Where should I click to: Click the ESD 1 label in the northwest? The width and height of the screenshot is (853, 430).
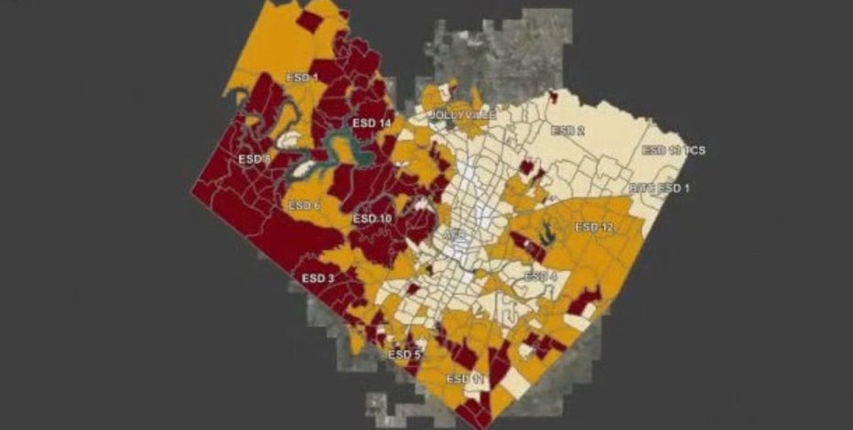(303, 79)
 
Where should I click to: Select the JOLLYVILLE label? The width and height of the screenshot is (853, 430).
(462, 115)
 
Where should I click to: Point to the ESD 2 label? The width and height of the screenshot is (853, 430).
(567, 131)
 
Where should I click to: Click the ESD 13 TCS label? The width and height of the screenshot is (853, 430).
(674, 150)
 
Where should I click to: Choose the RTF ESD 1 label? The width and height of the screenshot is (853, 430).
(661, 188)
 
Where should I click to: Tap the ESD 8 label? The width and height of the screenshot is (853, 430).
(254, 158)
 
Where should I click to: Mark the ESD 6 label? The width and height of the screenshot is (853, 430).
(304, 206)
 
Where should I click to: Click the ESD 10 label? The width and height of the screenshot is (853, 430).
(372, 219)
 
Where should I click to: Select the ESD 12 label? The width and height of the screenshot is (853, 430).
(595, 226)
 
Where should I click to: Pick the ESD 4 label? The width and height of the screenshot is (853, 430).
(540, 276)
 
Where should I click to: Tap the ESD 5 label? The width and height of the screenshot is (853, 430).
(405, 354)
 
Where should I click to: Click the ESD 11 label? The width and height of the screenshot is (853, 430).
(464, 378)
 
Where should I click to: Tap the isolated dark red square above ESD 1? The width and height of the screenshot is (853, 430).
(310, 20)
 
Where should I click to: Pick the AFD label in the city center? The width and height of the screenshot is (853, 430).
(454, 236)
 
